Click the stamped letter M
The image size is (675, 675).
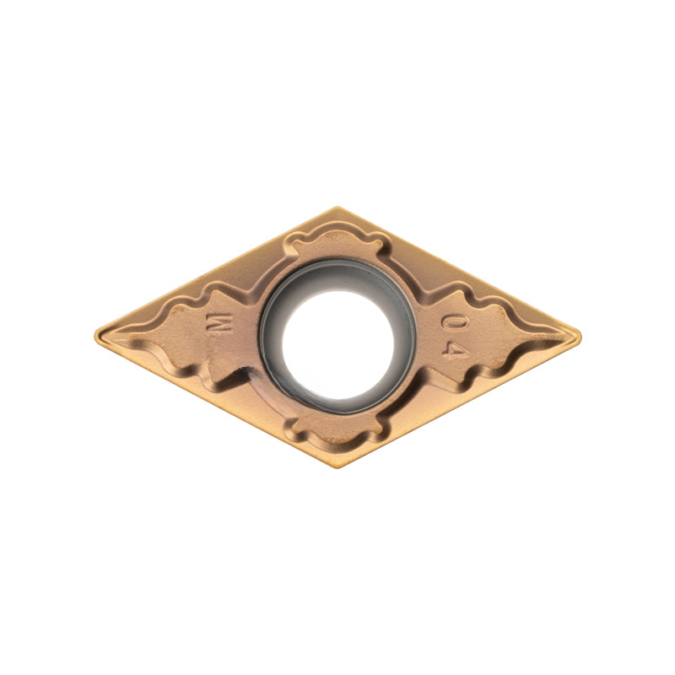(x=219, y=322)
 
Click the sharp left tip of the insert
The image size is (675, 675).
(x=95, y=333)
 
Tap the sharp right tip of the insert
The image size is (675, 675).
(x=580, y=336)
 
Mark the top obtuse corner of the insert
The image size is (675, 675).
(x=338, y=208)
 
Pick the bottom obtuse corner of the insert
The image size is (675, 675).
(x=338, y=467)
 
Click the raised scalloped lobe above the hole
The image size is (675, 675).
(x=337, y=246)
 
